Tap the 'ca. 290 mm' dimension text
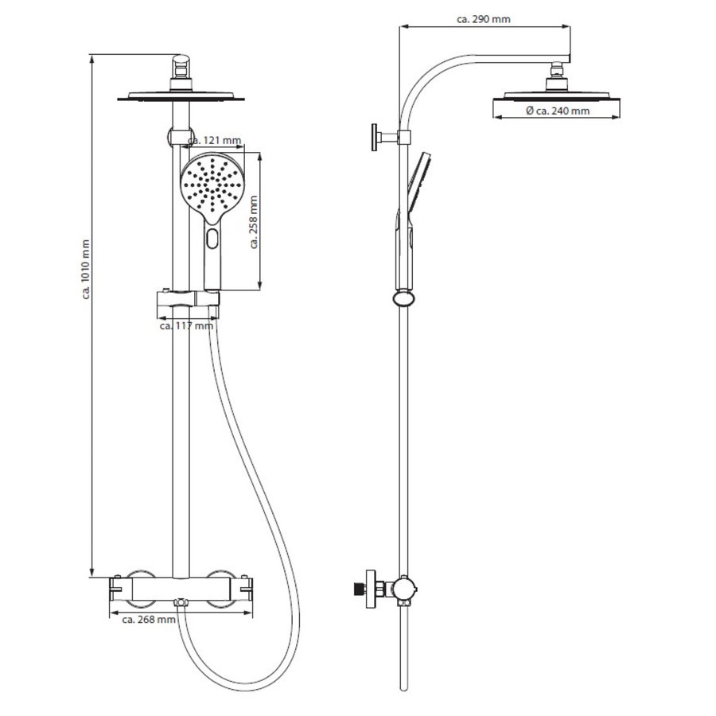[x=484, y=19]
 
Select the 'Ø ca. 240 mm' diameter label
[x=557, y=111]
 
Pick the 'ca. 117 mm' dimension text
[x=186, y=325]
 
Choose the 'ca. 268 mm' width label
[x=149, y=620]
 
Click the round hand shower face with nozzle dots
[x=211, y=185]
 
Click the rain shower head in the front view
[x=181, y=96]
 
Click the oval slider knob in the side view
[x=404, y=299]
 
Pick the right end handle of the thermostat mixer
[x=250, y=589]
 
